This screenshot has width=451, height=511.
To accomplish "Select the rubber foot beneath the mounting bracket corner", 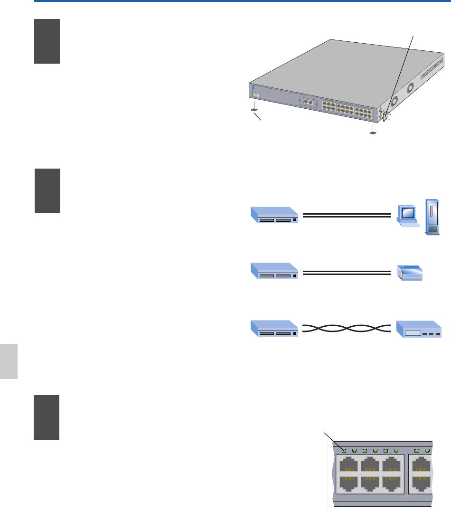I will [373, 132].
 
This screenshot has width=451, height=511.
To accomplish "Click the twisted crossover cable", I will [346, 328].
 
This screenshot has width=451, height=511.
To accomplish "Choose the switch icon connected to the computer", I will [274, 215].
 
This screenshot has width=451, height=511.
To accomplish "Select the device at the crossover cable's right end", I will [418, 329].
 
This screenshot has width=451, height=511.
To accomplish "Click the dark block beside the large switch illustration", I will [47, 41].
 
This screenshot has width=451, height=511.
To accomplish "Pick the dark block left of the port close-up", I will [47, 417].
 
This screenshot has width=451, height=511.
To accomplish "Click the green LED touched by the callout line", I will [344, 450].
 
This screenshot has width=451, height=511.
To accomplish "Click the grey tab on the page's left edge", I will [9, 361].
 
